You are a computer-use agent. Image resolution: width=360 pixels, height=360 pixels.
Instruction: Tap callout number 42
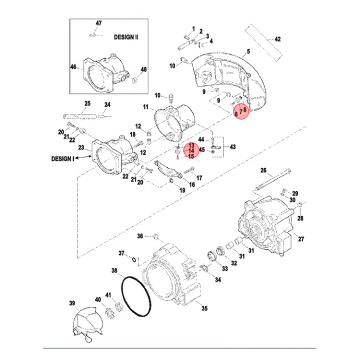[278, 38]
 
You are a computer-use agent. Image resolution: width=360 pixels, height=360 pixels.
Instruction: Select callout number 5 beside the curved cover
[247, 51]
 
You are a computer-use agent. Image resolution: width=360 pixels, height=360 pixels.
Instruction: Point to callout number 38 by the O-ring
[114, 271]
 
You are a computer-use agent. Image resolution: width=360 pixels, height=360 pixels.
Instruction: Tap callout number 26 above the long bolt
[263, 170]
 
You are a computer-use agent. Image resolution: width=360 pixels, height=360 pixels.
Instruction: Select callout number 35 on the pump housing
[204, 308]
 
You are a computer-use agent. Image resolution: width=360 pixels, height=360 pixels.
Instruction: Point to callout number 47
[98, 23]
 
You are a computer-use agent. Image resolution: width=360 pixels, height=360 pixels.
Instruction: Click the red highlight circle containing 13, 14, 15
[190, 150]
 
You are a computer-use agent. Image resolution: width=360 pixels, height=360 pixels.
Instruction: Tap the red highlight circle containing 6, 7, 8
[240, 111]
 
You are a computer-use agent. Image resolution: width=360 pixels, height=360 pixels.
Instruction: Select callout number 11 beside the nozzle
[146, 107]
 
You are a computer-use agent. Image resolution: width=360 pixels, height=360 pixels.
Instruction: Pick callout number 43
[232, 146]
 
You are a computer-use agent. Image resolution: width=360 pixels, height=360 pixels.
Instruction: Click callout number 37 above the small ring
[121, 253]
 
